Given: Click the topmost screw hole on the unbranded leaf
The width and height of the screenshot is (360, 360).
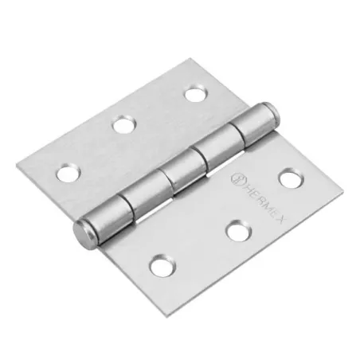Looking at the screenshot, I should pyautogui.click(x=194, y=94).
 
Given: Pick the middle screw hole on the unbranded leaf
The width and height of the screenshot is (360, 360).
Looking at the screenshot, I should pyautogui.click(x=123, y=124).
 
